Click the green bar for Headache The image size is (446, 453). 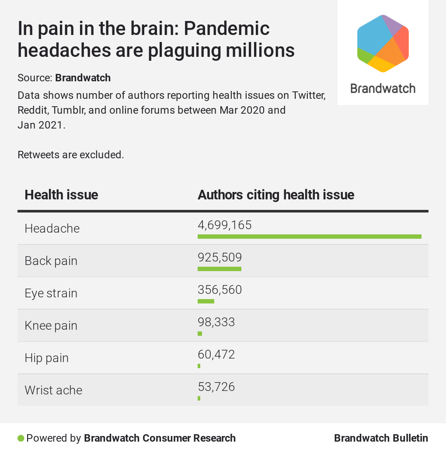[309, 237]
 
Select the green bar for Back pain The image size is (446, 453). [220, 269]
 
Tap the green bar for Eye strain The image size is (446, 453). [206, 301]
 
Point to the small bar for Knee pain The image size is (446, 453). [200, 334]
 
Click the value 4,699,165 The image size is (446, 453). [225, 225]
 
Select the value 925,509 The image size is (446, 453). [220, 258]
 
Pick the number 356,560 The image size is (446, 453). [220, 290]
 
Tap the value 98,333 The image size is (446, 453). [216, 322]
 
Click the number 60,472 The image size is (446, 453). [216, 354]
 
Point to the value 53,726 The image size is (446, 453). [216, 387]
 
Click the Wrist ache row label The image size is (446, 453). [53, 390]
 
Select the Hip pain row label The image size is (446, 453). [47, 358]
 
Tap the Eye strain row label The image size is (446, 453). [51, 293]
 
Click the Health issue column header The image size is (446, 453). [61, 195]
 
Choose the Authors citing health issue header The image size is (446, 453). [276, 195]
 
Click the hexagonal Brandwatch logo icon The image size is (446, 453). [383, 43]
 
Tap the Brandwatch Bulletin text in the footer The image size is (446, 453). [381, 438]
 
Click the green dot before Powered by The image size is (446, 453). [21, 438]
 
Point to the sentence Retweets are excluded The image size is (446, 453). [71, 155]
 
